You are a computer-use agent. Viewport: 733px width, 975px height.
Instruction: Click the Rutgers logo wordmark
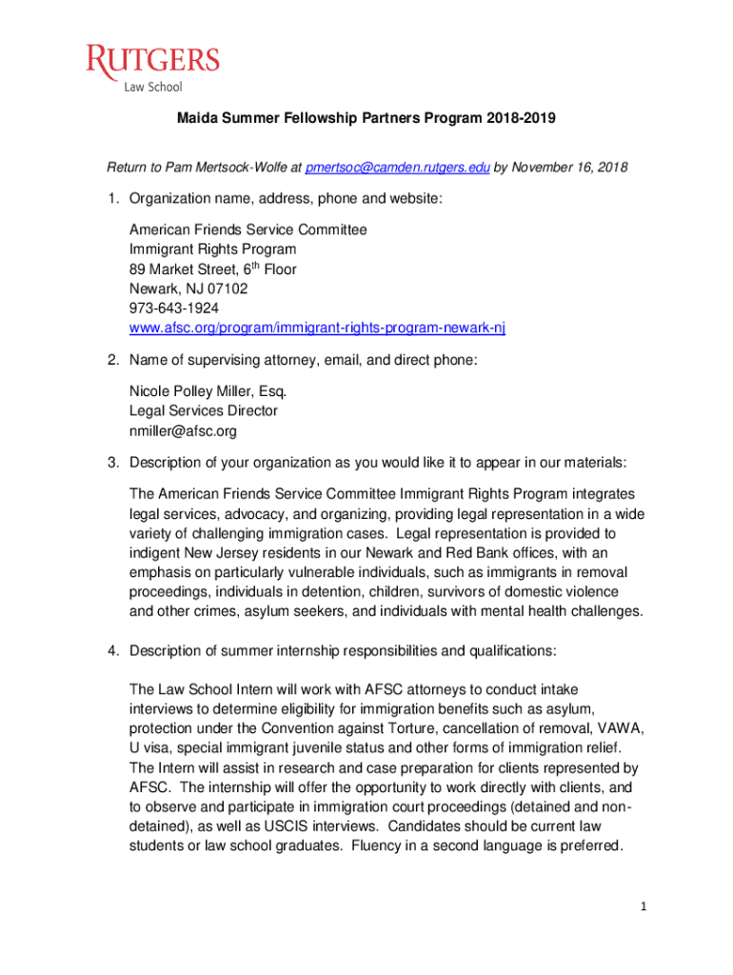click(152, 62)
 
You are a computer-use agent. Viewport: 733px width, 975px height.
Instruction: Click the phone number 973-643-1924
click(174, 308)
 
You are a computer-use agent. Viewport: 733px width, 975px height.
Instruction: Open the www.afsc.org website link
click(317, 328)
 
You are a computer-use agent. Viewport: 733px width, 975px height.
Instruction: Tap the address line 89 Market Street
click(213, 269)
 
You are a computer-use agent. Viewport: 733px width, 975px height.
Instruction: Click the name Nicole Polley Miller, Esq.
click(208, 391)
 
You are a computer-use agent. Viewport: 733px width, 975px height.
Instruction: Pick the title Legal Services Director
click(204, 410)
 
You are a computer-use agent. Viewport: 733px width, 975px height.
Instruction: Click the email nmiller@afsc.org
click(183, 430)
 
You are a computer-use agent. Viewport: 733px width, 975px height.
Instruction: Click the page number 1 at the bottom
click(644, 905)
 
